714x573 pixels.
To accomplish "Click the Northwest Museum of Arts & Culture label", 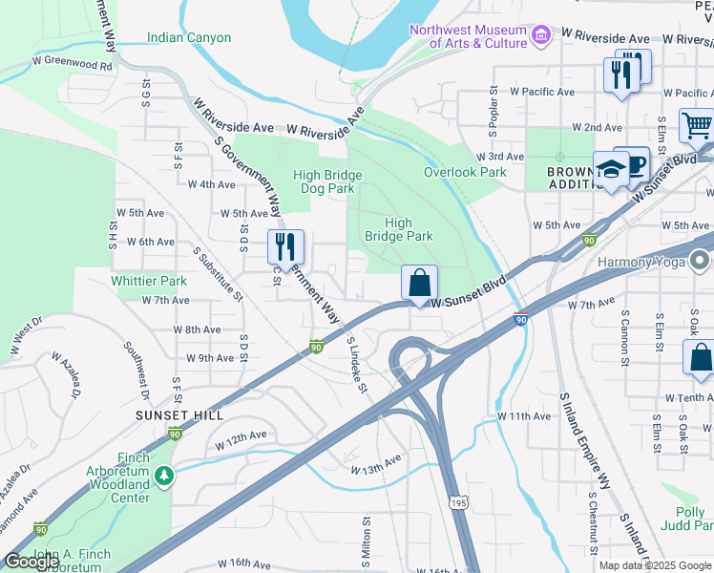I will (x=468, y=36).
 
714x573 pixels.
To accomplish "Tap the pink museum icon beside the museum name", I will (x=541, y=36).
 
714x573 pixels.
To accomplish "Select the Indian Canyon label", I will (x=189, y=38).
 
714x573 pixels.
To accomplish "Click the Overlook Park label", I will (x=465, y=173).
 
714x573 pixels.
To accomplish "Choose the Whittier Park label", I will (x=149, y=282).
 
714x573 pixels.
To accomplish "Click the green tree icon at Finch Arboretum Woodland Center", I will (x=164, y=475).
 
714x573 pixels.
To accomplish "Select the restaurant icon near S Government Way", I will (x=285, y=247).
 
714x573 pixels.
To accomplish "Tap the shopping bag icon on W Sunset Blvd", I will (x=419, y=283).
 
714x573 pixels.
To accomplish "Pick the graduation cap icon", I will (x=610, y=169).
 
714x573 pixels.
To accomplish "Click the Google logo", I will (x=31, y=562).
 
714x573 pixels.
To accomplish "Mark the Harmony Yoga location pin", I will (x=701, y=261).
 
